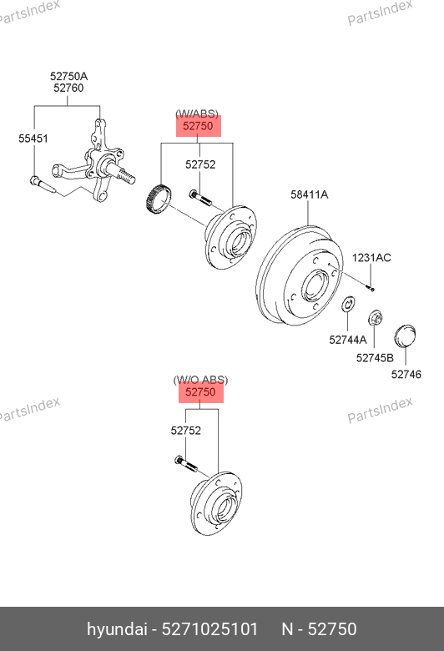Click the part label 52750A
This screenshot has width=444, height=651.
68,76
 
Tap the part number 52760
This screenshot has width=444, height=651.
68,88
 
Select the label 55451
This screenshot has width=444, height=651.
33,139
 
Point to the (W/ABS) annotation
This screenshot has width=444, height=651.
196,114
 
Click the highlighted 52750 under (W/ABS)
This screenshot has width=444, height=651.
198,126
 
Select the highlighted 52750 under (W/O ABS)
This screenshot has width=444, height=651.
200,392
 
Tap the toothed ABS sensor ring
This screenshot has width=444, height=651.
159,199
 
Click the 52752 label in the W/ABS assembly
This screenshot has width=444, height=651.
200,164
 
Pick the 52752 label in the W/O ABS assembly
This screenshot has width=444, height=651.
185,430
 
